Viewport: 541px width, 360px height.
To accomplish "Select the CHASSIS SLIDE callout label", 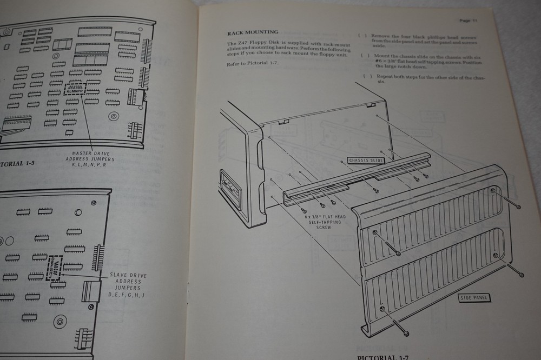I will [366, 160].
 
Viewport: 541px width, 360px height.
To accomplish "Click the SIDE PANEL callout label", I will [469, 297].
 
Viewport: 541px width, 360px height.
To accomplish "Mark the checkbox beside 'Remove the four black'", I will [362, 36].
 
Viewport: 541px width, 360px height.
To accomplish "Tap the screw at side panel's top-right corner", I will [494, 191].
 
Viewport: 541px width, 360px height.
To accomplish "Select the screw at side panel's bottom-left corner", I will [384, 309].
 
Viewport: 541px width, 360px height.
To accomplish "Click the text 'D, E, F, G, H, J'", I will [128, 295].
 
